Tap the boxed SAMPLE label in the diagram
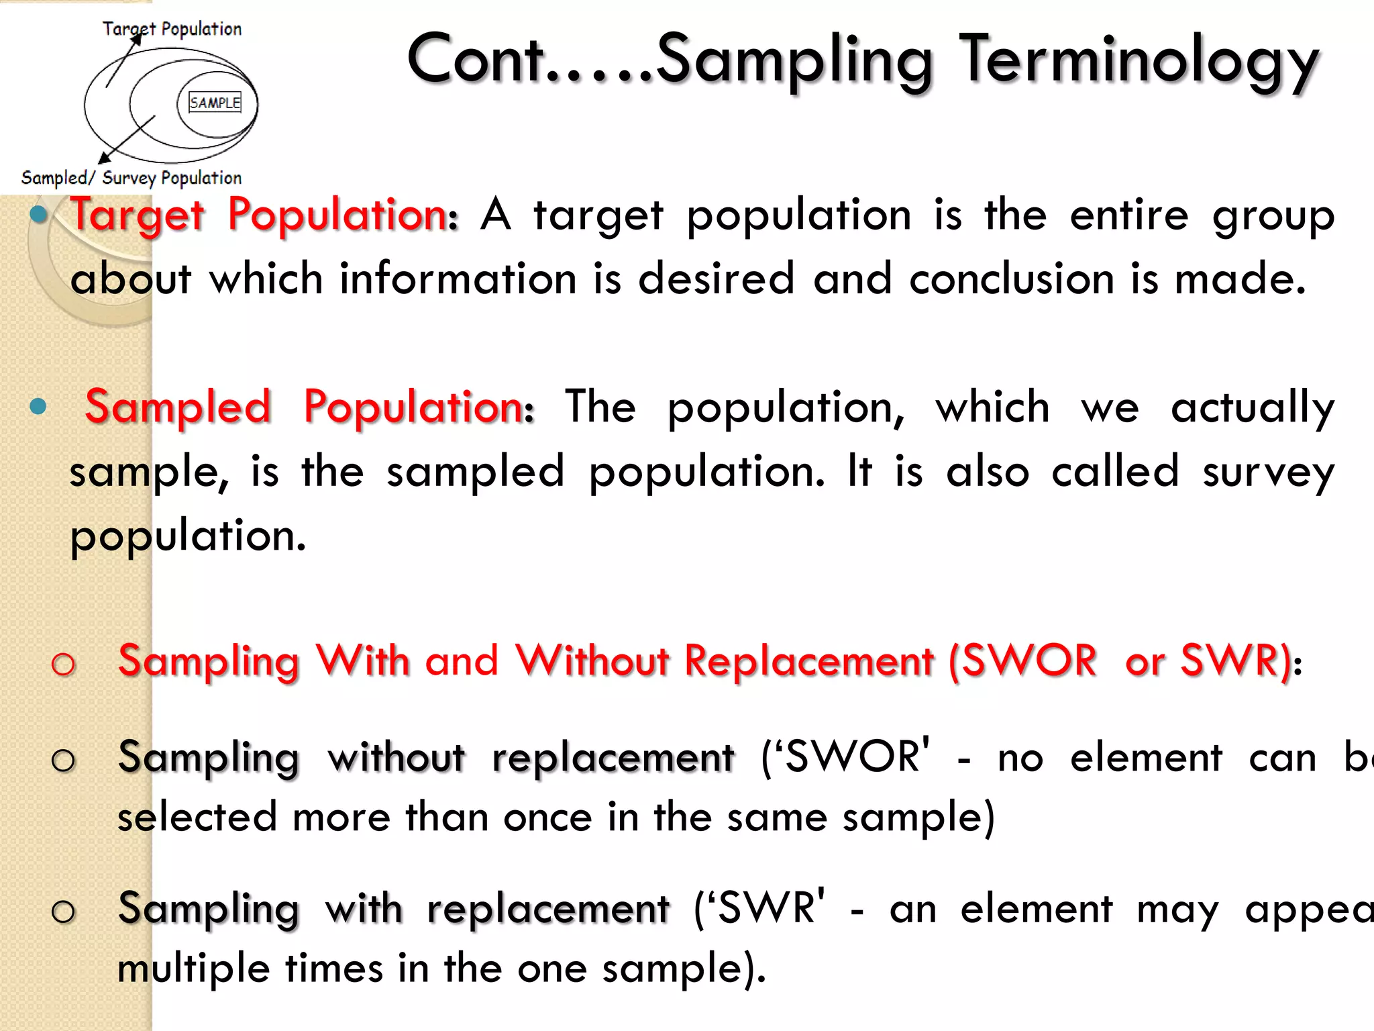tap(215, 103)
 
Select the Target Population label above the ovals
tap(172, 29)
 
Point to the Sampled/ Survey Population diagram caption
tap(131, 178)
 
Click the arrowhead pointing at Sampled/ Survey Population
tap(104, 158)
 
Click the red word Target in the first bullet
tap(138, 216)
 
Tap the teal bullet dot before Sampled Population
tap(38, 406)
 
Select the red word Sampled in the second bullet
tap(178, 407)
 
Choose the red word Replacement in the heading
tap(808, 660)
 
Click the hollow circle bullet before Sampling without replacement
tap(64, 760)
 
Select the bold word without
tap(396, 758)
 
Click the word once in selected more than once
tap(547, 818)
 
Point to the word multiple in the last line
tap(194, 969)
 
